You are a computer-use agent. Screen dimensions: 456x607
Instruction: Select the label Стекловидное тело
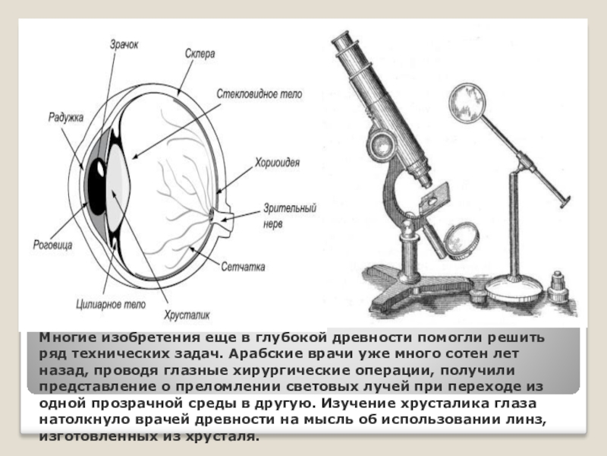pos(259,94)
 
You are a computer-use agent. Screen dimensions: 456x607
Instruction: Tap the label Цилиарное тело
pos(105,303)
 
